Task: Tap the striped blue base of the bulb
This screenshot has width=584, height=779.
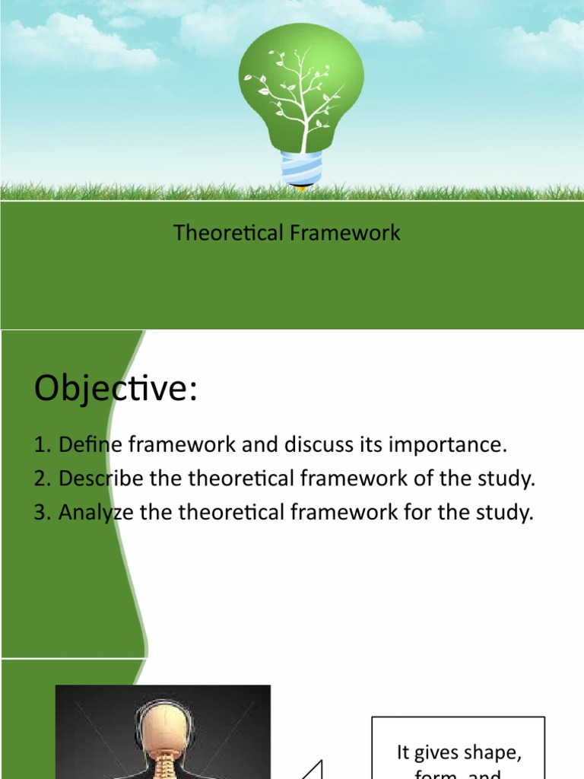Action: (x=301, y=168)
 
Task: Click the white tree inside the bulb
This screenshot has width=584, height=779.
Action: (x=303, y=99)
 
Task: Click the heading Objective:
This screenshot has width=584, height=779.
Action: (x=116, y=389)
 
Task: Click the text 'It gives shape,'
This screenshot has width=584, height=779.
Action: (x=459, y=752)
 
